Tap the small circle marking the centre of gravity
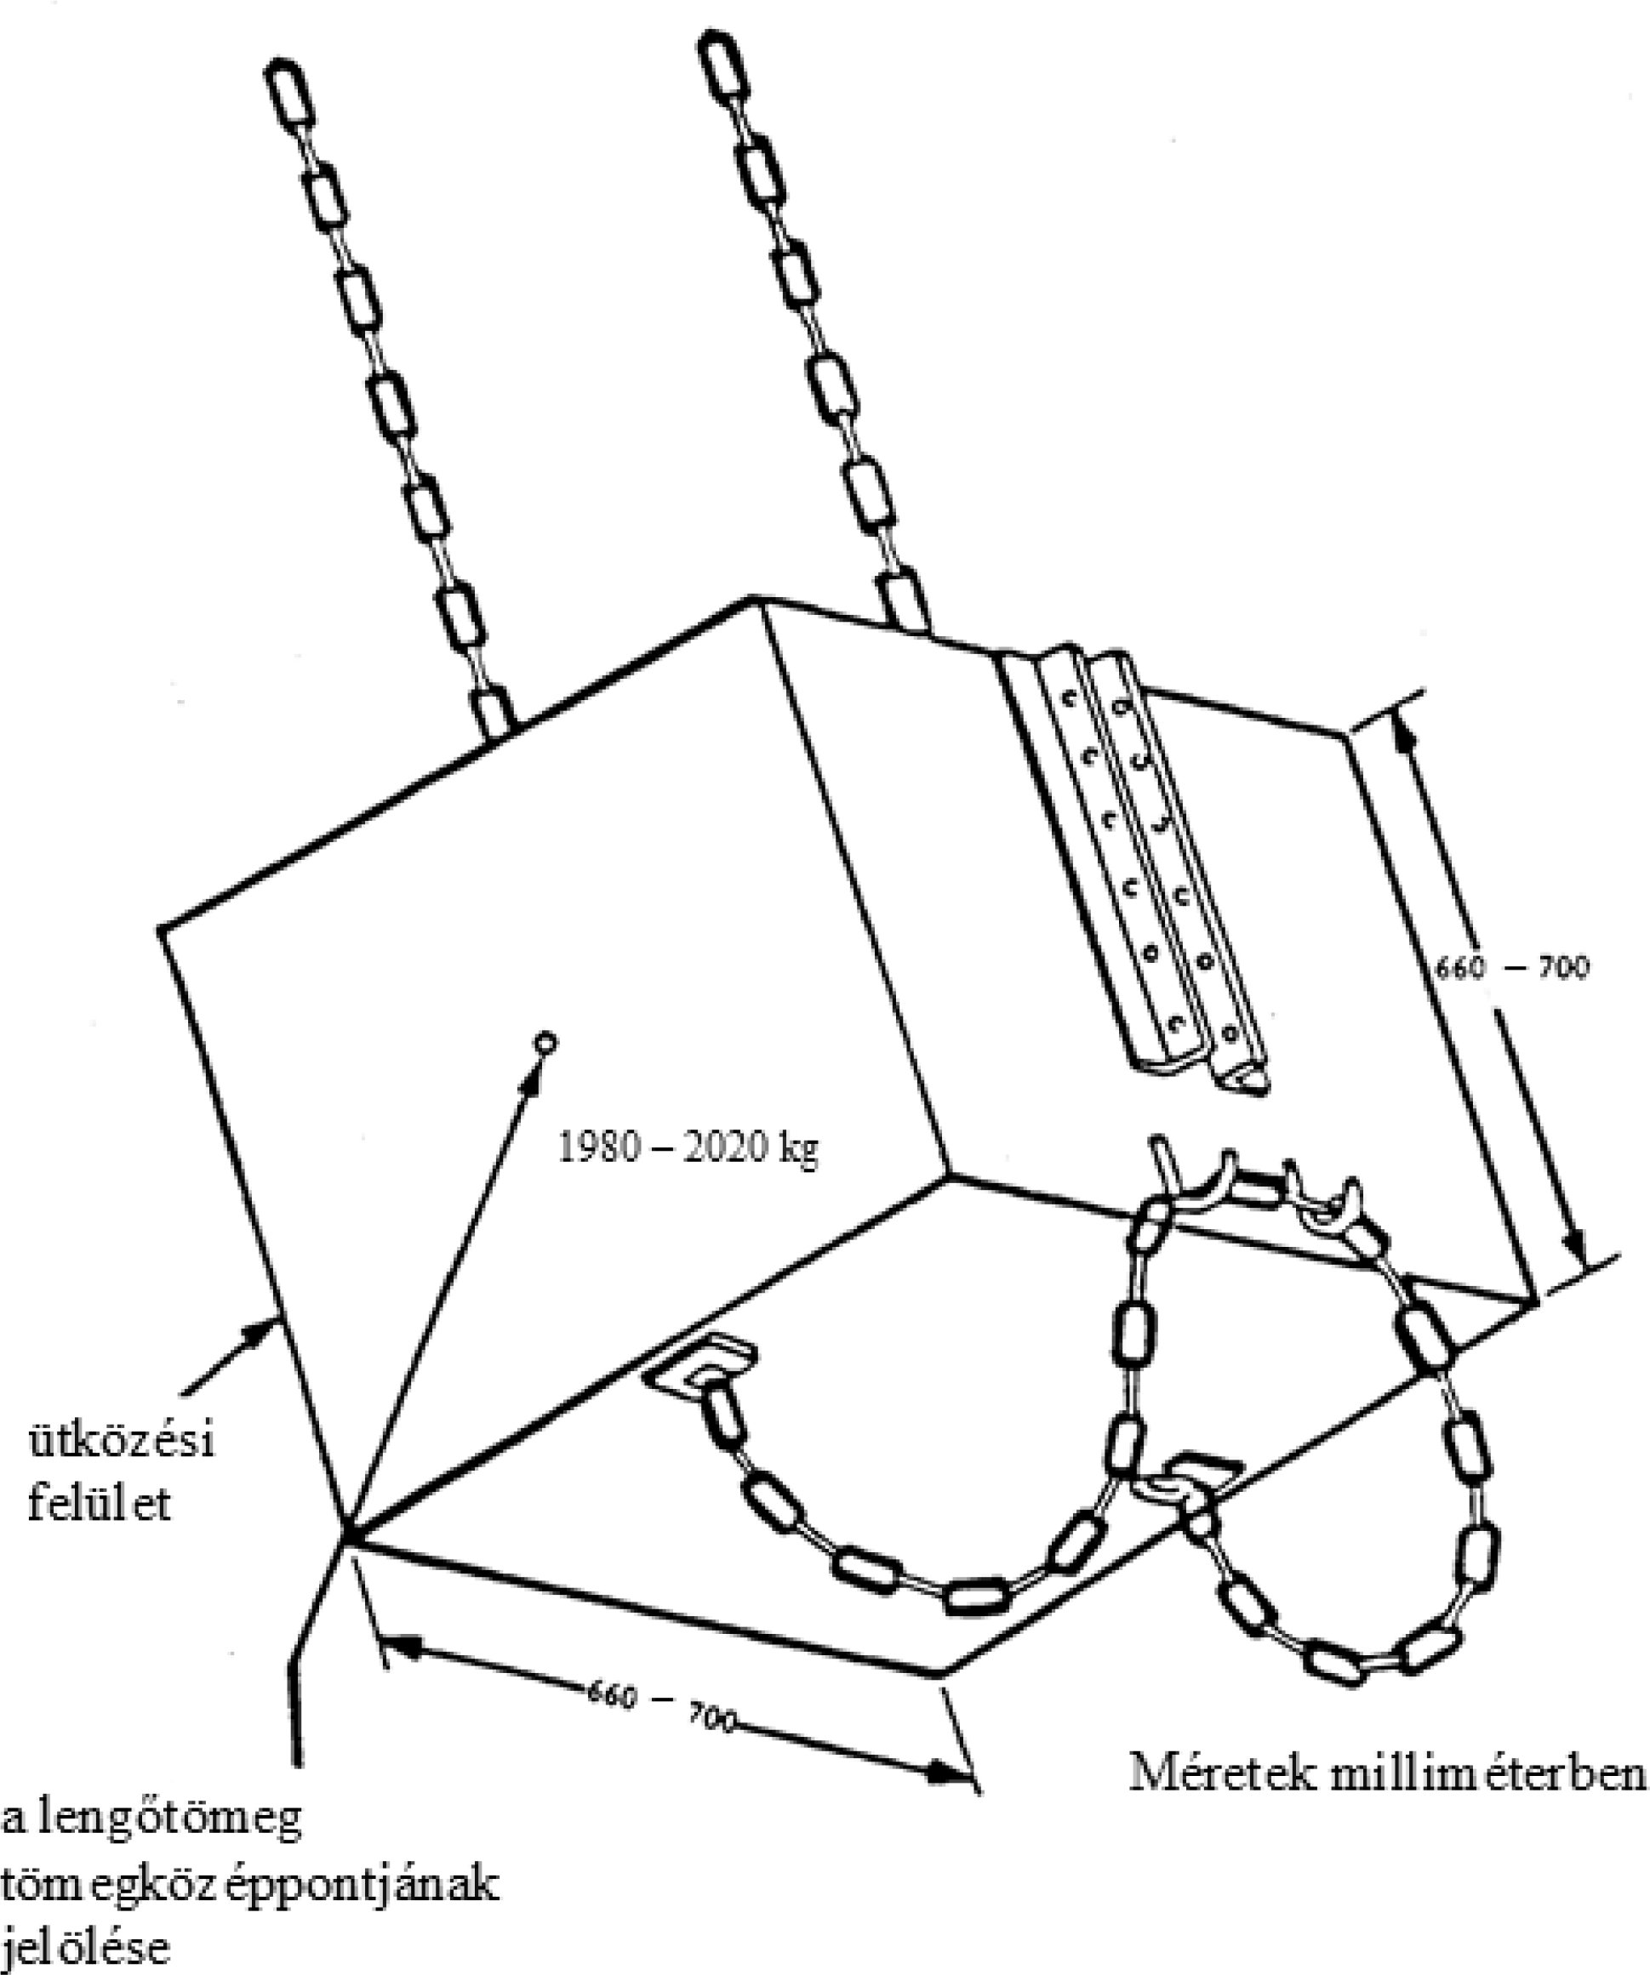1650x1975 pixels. click(545, 1042)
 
